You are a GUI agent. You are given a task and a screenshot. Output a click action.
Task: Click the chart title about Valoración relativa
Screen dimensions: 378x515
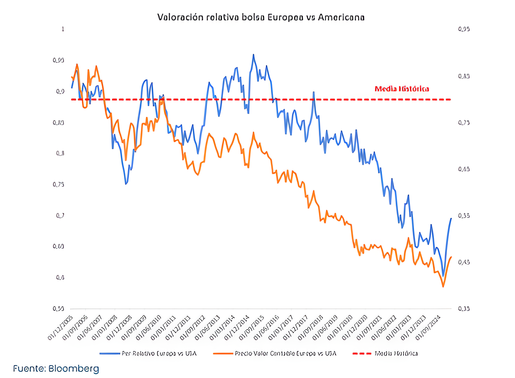tap(261, 17)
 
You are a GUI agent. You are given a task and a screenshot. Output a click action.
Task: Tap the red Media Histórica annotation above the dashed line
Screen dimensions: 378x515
tap(402, 89)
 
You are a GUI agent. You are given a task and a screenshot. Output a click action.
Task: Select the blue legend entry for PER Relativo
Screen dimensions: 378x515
tap(148, 354)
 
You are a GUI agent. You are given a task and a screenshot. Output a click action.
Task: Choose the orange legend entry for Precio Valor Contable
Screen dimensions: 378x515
tap(275, 354)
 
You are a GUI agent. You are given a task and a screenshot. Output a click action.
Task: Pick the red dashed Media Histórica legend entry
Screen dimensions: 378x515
tap(385, 354)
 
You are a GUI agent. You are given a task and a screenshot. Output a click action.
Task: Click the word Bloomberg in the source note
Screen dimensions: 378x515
tap(74, 369)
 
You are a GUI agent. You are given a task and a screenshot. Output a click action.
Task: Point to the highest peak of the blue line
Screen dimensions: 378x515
tap(253, 55)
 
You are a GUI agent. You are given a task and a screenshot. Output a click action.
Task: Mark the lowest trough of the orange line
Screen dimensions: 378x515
tap(443, 287)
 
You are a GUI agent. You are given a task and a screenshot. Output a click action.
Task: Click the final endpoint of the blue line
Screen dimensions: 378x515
tap(451, 219)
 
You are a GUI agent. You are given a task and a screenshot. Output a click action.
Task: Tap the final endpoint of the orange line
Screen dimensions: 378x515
tap(451, 257)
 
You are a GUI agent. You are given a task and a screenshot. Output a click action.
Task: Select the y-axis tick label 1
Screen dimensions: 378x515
tap(63, 29)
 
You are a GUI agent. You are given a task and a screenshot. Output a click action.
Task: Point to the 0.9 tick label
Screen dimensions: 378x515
tap(60, 91)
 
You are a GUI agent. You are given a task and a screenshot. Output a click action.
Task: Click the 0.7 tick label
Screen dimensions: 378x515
tap(60, 215)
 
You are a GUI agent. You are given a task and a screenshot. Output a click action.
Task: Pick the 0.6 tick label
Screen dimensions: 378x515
tap(60, 278)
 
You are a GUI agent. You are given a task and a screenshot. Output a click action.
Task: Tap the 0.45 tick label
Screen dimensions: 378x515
tap(464, 262)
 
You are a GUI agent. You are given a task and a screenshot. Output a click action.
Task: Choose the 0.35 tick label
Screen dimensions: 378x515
tap(464, 309)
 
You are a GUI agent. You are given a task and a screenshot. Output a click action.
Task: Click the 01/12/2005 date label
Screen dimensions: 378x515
tap(60, 328)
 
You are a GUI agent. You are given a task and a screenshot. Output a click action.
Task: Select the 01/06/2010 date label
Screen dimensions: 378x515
tap(149, 328)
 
